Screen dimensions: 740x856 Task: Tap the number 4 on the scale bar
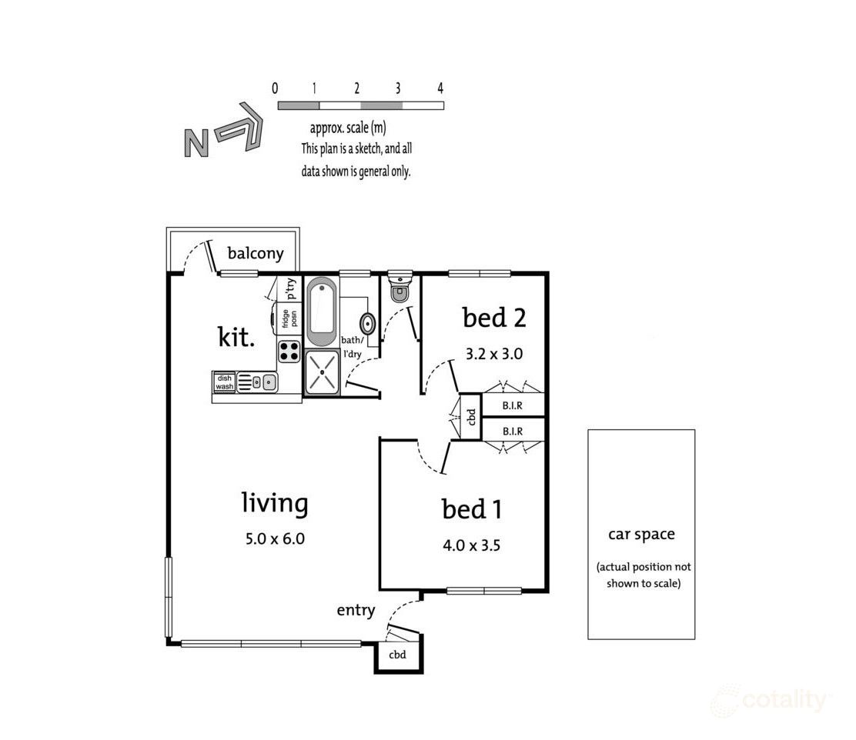tap(440, 88)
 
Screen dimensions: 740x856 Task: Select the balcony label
tap(256, 253)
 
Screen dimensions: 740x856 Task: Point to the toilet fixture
tap(400, 290)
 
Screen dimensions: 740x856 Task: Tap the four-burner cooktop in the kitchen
tap(289, 352)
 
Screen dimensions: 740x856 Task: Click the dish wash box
tap(224, 382)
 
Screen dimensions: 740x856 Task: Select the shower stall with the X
tap(322, 372)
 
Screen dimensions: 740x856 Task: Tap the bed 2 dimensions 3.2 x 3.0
tap(493, 355)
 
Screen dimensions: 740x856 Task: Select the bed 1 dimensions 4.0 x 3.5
tap(472, 547)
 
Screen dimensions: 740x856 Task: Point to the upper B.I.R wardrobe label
tap(513, 405)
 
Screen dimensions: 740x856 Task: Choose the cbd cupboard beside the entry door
tap(396, 655)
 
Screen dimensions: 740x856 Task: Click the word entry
tap(356, 611)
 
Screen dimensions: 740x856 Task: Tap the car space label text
tap(641, 534)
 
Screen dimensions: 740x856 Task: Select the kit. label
tap(236, 336)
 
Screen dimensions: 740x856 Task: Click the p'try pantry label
tap(291, 288)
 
